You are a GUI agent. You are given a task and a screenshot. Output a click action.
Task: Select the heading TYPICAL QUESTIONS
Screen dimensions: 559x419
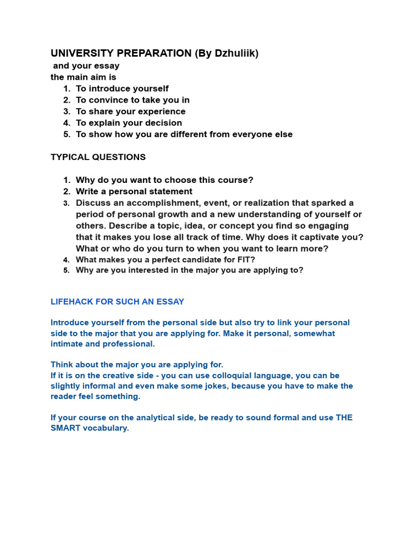coord(98,157)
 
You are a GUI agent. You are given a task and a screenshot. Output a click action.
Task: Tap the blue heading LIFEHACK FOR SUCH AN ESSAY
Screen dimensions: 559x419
coord(117,301)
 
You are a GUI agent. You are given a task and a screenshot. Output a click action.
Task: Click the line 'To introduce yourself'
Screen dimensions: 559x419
coord(122,88)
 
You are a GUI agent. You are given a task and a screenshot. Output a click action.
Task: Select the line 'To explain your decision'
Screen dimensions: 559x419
coord(129,123)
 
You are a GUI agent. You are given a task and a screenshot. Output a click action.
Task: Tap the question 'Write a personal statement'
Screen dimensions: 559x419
coord(134,192)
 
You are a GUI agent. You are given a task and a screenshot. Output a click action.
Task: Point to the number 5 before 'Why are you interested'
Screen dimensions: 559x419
coord(66,270)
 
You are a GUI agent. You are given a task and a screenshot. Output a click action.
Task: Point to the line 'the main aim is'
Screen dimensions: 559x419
coord(83,77)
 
